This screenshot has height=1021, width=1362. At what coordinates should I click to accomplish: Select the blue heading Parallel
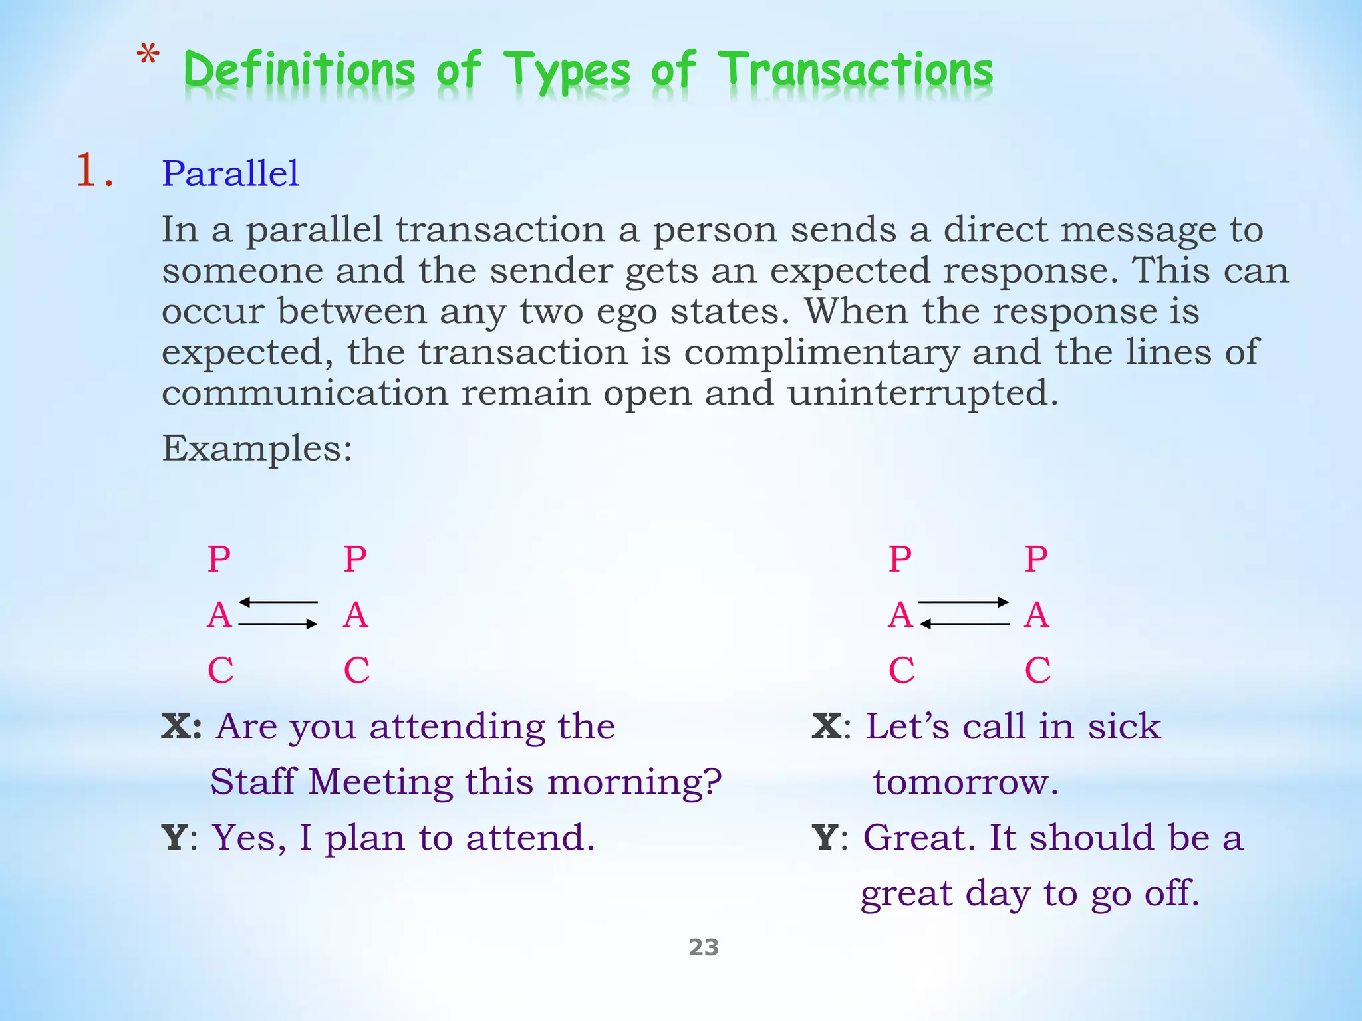(x=230, y=173)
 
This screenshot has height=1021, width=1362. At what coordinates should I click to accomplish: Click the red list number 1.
(x=93, y=171)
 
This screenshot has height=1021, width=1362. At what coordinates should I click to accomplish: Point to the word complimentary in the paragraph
(x=822, y=352)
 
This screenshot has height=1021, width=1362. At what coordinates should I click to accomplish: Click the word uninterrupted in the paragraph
(x=922, y=393)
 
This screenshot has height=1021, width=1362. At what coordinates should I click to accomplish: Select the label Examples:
(x=257, y=449)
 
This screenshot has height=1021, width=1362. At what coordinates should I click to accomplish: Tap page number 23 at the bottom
(x=704, y=947)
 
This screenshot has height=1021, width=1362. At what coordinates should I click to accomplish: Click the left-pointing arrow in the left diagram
(x=278, y=602)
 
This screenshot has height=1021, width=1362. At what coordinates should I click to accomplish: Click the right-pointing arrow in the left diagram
(x=278, y=624)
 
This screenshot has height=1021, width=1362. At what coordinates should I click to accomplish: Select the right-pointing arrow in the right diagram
(x=964, y=602)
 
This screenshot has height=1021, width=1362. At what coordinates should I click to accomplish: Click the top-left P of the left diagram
(x=219, y=559)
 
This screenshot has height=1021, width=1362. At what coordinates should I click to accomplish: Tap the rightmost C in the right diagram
(x=1037, y=670)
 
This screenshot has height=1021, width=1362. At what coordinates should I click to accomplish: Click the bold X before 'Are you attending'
(x=181, y=726)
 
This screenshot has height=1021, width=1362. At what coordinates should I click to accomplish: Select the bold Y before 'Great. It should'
(x=825, y=837)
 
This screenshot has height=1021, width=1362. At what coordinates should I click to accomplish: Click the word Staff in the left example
(x=253, y=782)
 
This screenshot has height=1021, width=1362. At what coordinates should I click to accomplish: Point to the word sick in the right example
(x=1124, y=726)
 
